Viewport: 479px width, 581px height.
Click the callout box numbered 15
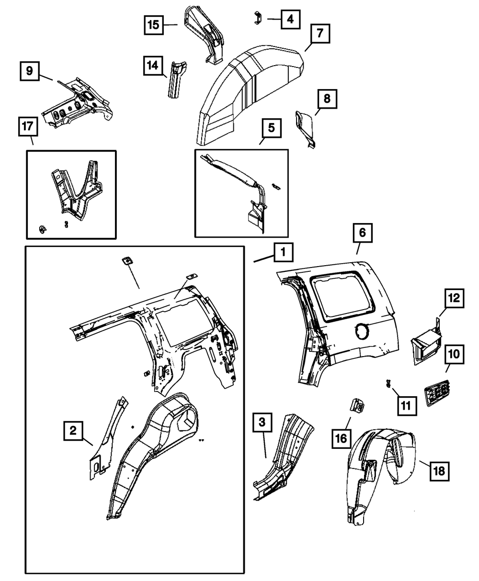coord(154,24)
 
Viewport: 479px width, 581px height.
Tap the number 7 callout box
coord(319,34)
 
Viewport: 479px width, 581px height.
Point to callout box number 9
coord(30,71)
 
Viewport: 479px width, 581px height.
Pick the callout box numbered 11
coord(406,406)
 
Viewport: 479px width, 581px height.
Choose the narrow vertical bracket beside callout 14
coord(175,79)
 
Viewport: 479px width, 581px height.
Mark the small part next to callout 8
coord(306,125)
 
